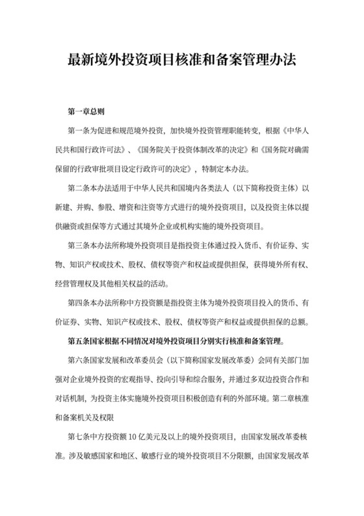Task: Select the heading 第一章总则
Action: pyautogui.click(x=91, y=111)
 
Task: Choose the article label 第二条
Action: pyautogui.click(x=79, y=190)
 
